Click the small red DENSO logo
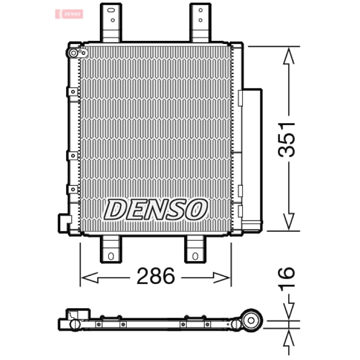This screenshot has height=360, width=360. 69,14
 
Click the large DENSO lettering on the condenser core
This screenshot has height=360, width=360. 156,210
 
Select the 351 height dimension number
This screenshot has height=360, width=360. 286,139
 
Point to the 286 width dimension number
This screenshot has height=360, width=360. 156,276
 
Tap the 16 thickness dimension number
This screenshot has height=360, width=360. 286,279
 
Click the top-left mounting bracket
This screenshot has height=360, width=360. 111,22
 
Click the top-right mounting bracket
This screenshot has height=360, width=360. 200,22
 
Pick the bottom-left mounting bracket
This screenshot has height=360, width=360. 111,249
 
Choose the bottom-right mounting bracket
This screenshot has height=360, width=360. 195,249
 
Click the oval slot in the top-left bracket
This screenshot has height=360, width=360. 111,10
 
